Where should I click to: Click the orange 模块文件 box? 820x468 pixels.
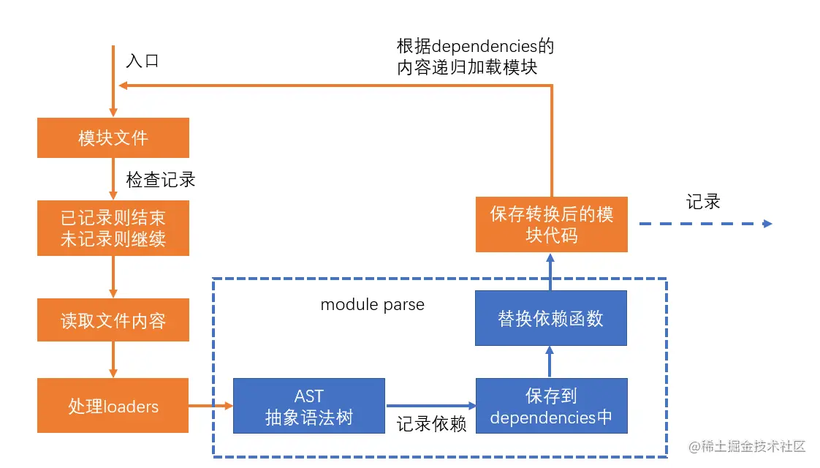click(113, 137)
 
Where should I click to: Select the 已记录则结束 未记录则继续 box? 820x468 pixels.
click(113, 228)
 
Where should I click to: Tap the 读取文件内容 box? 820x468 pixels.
click(113, 320)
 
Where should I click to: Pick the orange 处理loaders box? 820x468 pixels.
click(113, 406)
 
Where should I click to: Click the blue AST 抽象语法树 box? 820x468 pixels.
click(309, 406)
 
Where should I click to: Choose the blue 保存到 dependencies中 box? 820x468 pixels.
click(552, 406)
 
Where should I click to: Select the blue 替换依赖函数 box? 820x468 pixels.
click(550, 318)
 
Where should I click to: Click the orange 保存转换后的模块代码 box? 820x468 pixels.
click(552, 224)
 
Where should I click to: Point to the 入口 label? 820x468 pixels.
click(143, 61)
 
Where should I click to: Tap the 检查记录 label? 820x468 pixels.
click(161, 180)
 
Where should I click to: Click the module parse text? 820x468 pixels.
click(372, 305)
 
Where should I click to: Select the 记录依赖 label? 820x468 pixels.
click(431, 423)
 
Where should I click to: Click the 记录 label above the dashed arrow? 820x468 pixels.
click(703, 202)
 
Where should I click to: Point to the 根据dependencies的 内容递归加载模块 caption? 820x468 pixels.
click(475, 56)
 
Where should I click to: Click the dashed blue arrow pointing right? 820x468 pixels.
click(705, 224)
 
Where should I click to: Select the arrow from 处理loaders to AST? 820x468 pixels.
click(210, 406)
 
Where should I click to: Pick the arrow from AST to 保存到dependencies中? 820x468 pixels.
click(431, 406)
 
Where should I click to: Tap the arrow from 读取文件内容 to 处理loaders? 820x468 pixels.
click(113, 360)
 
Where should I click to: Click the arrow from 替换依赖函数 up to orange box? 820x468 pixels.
click(550, 272)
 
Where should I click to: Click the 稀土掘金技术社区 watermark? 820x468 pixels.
click(748, 446)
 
